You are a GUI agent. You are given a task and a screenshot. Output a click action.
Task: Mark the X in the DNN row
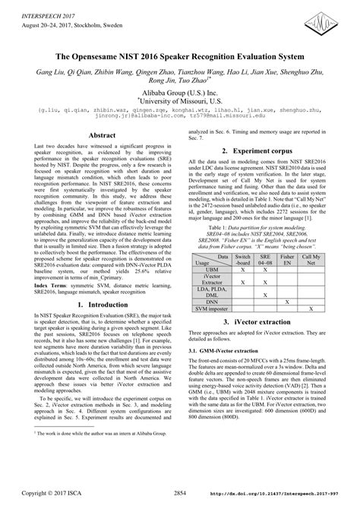(x=286, y=302)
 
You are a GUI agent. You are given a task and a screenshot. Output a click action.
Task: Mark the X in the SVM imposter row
(x=311, y=309)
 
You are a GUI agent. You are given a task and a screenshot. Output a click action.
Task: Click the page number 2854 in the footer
(x=179, y=493)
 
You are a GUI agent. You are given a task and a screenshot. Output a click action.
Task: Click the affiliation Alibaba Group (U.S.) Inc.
(x=179, y=87)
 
